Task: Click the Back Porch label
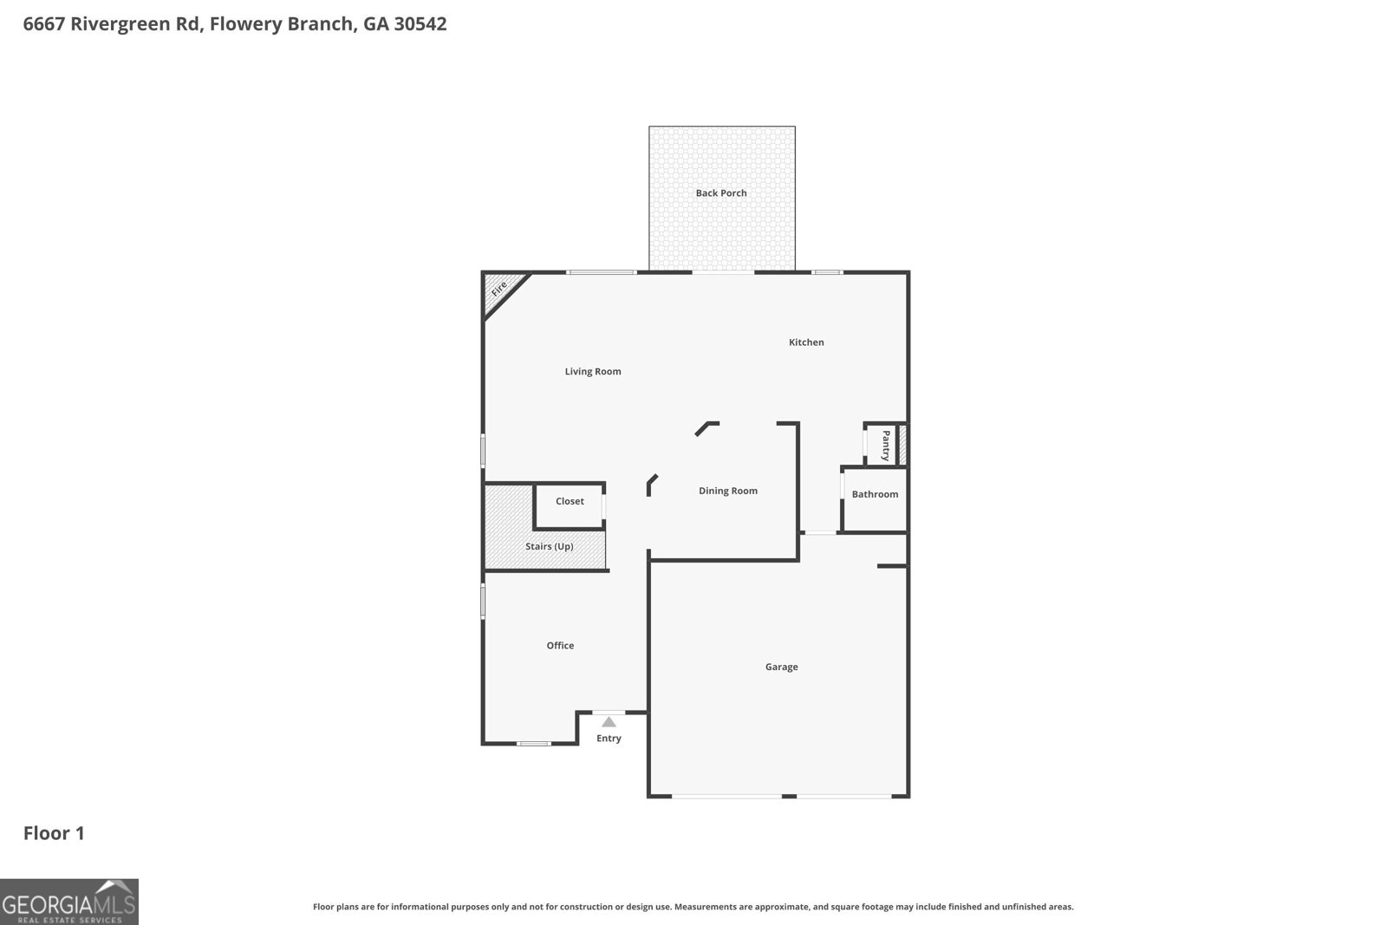tap(721, 193)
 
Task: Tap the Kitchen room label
tap(806, 342)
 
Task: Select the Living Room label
tap(593, 372)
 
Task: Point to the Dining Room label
tap(728, 491)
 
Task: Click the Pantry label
tap(886, 445)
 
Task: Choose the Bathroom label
tap(875, 494)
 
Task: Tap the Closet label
tap(570, 501)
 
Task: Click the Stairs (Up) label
tap(549, 547)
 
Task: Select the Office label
tap(560, 646)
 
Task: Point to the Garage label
tap(781, 667)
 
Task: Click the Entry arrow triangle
tap(609, 722)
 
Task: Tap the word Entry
tap(609, 739)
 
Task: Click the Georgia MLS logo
tap(69, 902)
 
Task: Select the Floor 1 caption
tap(54, 833)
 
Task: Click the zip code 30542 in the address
tap(420, 24)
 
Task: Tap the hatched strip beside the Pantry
tap(902, 445)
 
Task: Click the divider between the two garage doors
tap(789, 796)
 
